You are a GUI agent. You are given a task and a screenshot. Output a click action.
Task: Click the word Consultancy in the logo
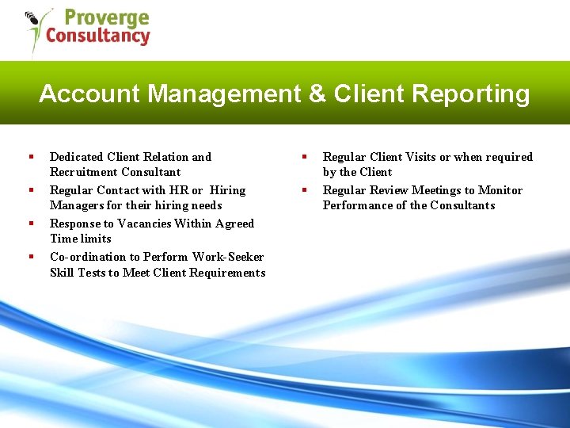(97, 36)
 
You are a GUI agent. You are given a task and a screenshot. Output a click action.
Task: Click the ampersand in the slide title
(317, 94)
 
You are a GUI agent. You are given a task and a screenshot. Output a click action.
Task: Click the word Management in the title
(224, 94)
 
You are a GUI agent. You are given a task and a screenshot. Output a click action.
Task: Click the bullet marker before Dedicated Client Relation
(29, 157)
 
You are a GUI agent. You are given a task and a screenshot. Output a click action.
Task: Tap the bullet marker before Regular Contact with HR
(29, 190)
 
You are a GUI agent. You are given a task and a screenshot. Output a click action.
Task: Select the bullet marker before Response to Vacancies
(29, 224)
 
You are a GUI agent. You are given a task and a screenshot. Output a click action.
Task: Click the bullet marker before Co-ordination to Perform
(29, 257)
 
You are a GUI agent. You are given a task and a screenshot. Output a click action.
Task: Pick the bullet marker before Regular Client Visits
(302, 157)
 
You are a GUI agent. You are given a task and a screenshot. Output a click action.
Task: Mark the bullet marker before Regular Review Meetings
(302, 190)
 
